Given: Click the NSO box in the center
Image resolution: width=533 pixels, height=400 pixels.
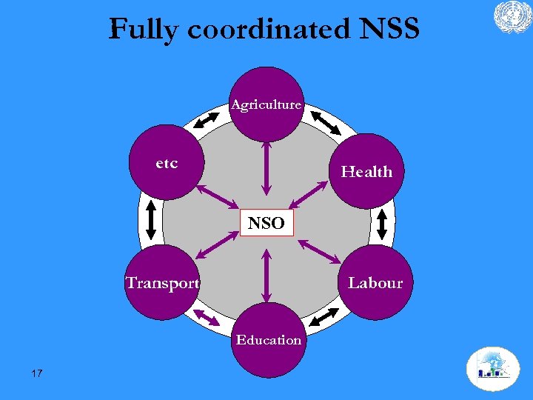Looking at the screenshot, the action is pyautogui.click(x=266, y=223).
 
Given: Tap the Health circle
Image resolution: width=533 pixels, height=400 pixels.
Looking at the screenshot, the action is pyautogui.click(x=366, y=171).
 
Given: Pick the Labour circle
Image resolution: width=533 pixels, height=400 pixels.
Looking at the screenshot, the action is pyautogui.click(x=375, y=282).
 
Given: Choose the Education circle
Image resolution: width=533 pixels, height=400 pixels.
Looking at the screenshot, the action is pyautogui.click(x=268, y=340).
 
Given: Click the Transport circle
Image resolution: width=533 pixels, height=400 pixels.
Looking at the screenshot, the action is pyautogui.click(x=162, y=282).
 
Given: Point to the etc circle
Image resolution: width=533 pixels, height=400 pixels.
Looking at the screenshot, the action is pyautogui.click(x=167, y=164).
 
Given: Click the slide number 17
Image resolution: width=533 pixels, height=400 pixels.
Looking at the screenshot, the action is pyautogui.click(x=37, y=373).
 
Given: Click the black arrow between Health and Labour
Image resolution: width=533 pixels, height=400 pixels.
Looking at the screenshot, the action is pyautogui.click(x=383, y=223).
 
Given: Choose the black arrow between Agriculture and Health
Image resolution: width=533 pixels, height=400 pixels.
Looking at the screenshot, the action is pyautogui.click(x=325, y=122).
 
